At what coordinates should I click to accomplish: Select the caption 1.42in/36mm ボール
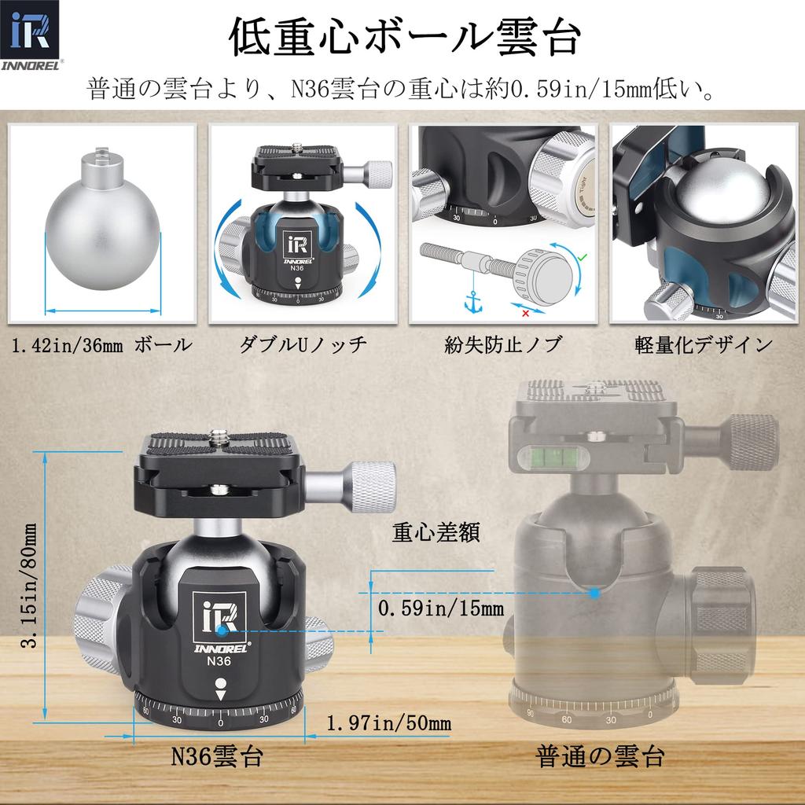[101, 344]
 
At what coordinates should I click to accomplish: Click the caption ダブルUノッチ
[303, 344]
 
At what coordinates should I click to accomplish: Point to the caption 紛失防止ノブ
[503, 344]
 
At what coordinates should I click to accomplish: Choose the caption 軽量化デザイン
[704, 344]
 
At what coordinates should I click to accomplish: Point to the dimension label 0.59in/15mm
[440, 608]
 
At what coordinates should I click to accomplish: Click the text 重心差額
[436, 532]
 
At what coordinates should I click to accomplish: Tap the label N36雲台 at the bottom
[217, 757]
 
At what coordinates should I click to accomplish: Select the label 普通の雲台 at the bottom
[601, 757]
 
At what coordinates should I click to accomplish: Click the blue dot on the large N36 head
[223, 630]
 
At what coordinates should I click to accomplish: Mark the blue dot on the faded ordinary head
[595, 591]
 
